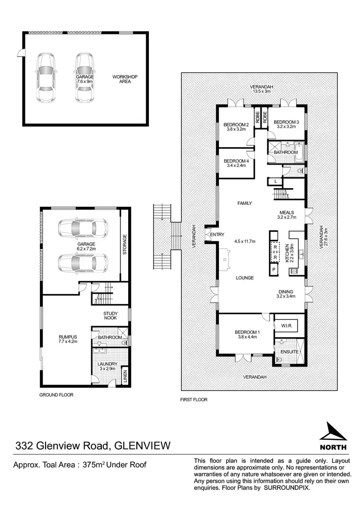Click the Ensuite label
click(x=290, y=352)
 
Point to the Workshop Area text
click(x=122, y=79)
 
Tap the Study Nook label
click(x=111, y=317)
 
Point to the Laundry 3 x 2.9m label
click(x=108, y=367)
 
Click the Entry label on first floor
click(x=217, y=234)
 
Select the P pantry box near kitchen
click(x=274, y=270)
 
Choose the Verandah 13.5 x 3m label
click(x=261, y=89)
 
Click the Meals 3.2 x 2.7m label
click(x=287, y=214)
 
